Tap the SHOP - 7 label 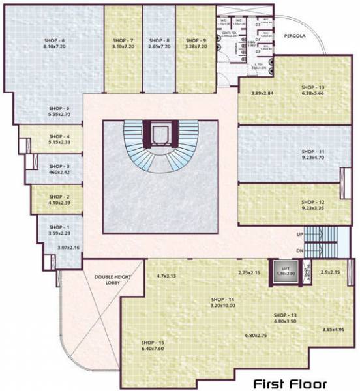[x=123, y=40]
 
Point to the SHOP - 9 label [x=195, y=40]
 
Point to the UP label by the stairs [x=299, y=233]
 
